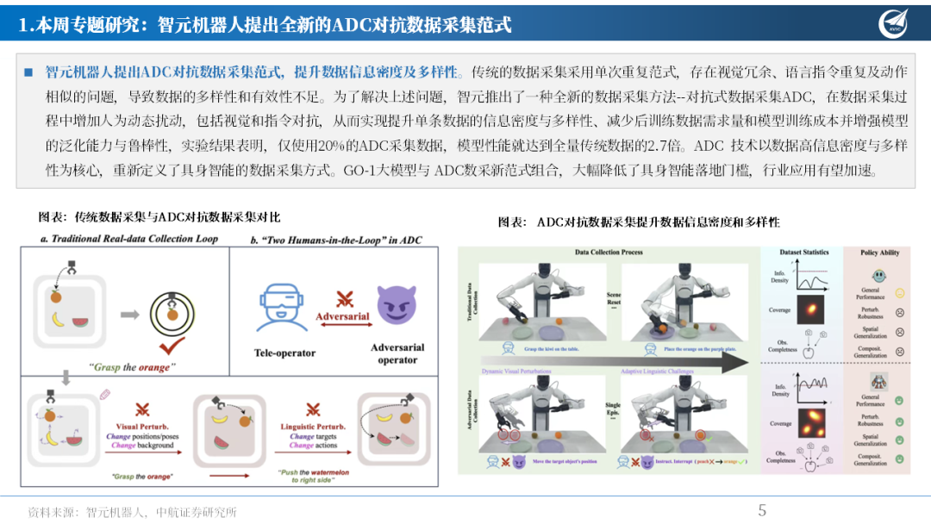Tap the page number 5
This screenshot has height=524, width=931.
pos(761,510)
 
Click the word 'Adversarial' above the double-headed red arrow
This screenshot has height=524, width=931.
pos(342,316)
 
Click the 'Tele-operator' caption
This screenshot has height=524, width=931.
pos(285,352)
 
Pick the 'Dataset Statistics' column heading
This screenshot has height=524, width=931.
pos(804,253)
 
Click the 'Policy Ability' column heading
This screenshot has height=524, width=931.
pos(879,253)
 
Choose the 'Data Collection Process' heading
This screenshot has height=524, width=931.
pos(609,253)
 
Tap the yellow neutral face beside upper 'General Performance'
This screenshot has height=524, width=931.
pos(900,294)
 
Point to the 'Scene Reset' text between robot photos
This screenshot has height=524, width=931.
pos(614,296)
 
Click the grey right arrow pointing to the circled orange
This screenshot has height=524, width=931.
pos(129,315)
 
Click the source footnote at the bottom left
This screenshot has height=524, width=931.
pos(133,511)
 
